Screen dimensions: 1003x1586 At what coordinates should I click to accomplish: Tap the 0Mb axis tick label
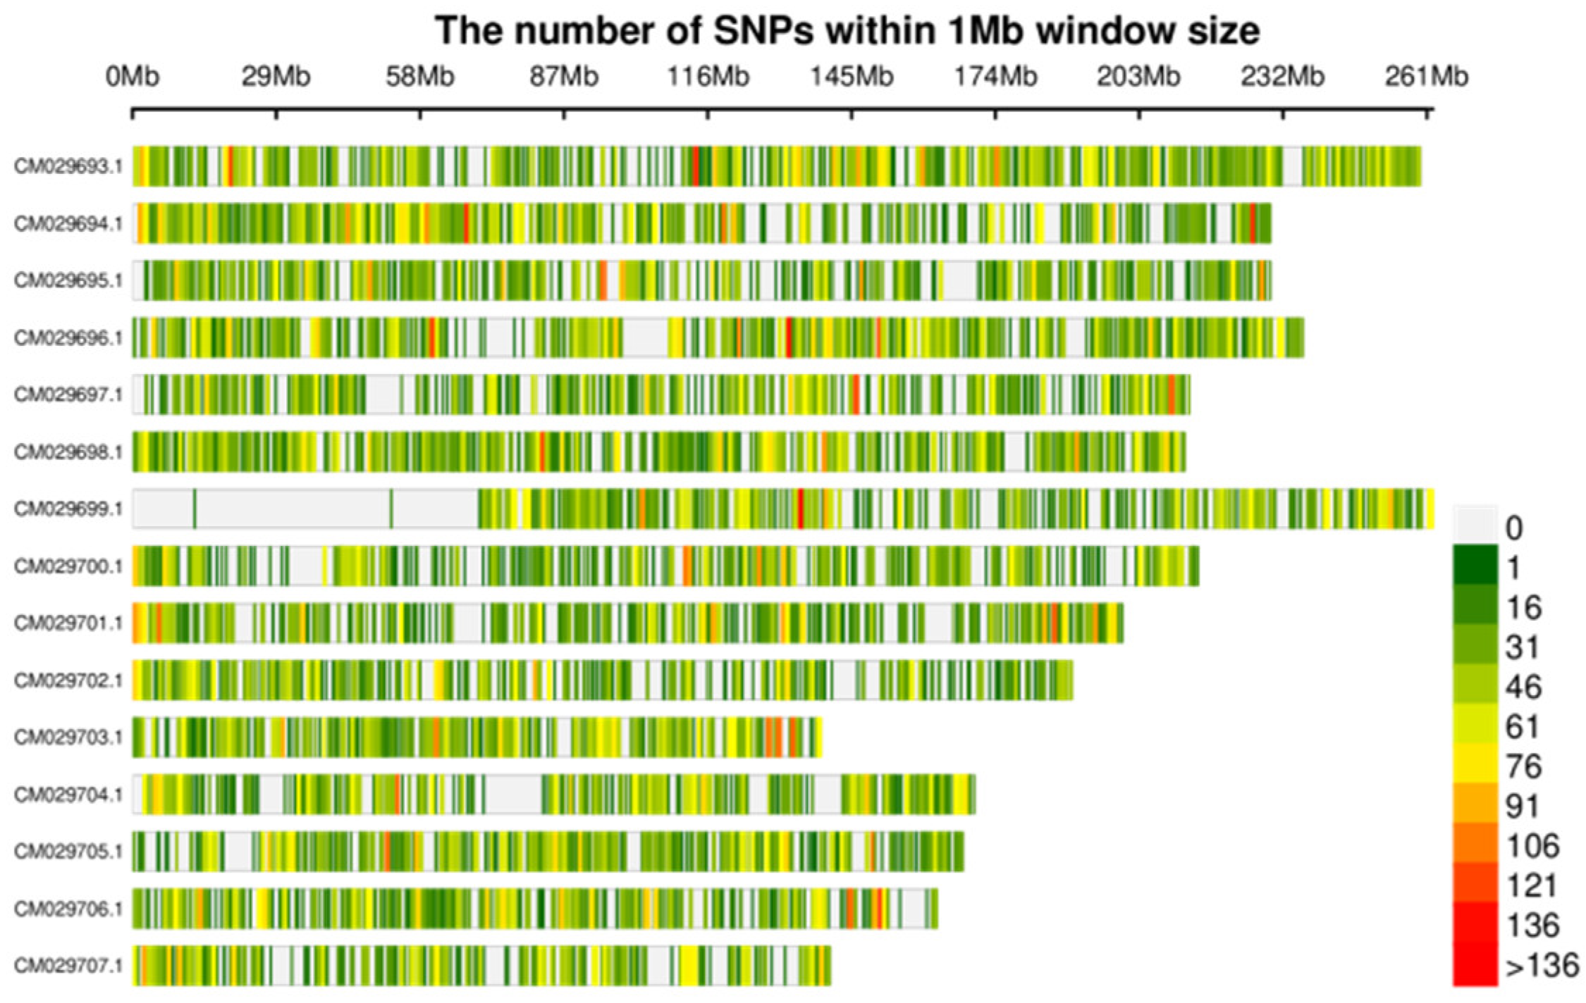133,76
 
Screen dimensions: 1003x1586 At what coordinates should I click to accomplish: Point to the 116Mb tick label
708,76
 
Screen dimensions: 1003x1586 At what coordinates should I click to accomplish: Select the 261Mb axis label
1426,76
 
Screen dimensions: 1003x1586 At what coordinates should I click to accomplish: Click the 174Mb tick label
995,76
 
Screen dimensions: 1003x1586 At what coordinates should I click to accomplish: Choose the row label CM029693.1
68,166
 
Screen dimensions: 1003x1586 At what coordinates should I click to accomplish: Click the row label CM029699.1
68,509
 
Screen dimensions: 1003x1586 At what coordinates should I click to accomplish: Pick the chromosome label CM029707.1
68,965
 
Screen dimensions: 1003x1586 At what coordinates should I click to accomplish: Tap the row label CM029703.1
68,737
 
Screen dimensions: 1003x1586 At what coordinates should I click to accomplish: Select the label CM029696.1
68,338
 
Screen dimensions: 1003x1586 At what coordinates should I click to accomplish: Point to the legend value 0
1513,528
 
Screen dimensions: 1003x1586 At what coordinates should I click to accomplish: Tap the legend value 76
1523,766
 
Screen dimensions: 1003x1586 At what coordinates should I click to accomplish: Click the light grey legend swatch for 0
1475,525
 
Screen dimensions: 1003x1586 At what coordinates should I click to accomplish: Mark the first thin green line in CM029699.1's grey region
195,509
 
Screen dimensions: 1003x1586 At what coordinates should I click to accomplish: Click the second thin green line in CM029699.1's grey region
391,509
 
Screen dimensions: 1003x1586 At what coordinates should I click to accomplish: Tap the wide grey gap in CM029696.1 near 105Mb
646,338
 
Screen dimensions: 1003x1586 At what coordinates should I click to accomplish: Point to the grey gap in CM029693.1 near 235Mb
1292,166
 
